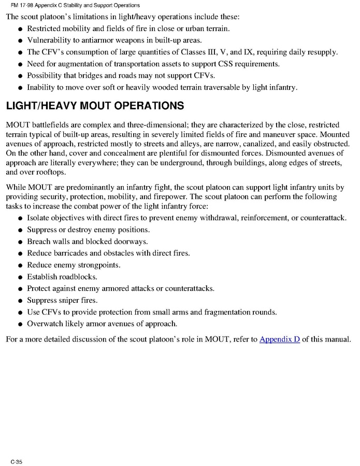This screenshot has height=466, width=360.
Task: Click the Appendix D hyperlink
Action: (x=280, y=340)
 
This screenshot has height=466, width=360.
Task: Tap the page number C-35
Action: (x=16, y=461)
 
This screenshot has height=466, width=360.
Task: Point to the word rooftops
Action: (x=56, y=172)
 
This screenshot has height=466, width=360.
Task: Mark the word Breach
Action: (x=39, y=242)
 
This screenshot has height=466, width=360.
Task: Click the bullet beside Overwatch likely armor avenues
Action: (x=19, y=325)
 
